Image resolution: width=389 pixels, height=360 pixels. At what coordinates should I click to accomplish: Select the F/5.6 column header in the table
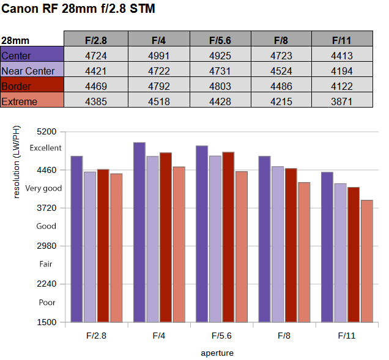[x=220, y=40]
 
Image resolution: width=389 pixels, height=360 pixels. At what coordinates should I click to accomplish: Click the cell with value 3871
[x=342, y=101]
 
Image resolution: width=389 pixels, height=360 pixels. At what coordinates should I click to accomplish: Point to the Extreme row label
[x=20, y=101]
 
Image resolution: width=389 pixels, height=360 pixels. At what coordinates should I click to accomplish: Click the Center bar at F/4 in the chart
[x=139, y=232]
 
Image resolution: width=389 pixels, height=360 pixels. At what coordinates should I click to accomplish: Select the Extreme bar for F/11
[x=367, y=261]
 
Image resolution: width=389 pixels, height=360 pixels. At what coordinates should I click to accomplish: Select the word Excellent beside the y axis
[x=45, y=148]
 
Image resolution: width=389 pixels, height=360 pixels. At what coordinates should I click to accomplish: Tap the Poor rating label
[x=47, y=303]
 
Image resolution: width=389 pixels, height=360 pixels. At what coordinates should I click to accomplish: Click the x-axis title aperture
[x=217, y=353]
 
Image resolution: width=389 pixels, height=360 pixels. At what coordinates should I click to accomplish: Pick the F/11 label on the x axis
[x=347, y=336]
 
